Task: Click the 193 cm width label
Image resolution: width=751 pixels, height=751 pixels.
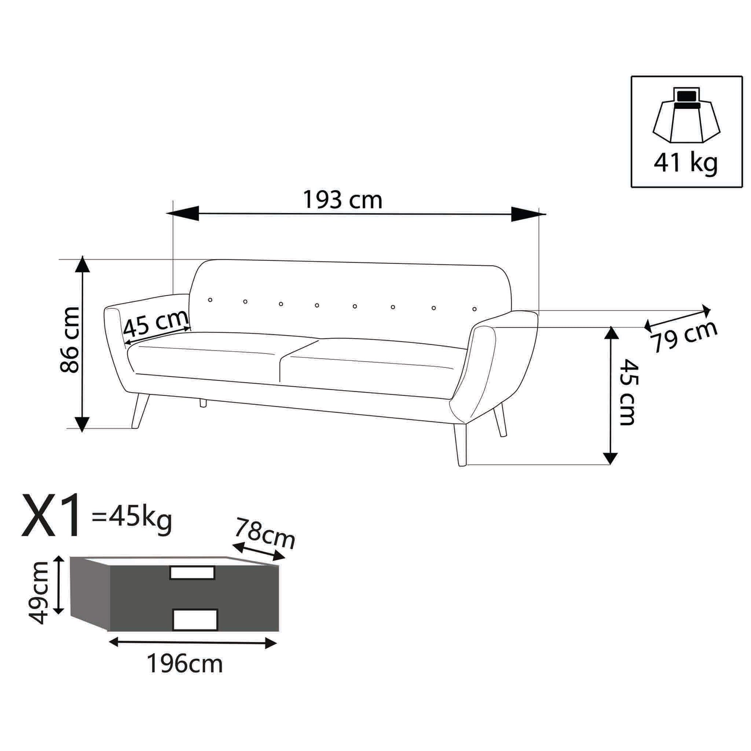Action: click(x=342, y=200)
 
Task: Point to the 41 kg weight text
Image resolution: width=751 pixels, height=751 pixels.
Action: click(x=685, y=163)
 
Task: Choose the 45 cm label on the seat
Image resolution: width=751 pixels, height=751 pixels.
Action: click(x=156, y=323)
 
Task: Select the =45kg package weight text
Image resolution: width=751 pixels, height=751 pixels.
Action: click(x=131, y=518)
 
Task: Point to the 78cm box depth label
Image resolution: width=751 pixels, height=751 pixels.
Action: click(x=265, y=533)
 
